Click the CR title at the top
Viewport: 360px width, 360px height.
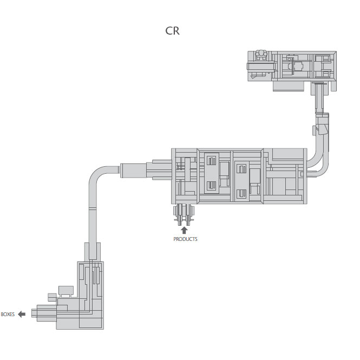click(x=173, y=31)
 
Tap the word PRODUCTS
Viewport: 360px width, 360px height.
click(x=185, y=239)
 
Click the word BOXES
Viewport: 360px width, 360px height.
click(x=8, y=314)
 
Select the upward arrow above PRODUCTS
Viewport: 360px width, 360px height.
click(x=184, y=230)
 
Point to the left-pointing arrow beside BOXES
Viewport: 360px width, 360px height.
click(x=22, y=314)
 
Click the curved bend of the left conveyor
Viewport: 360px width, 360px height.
click(x=97, y=176)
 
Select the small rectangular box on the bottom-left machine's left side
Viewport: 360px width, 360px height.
click(x=66, y=291)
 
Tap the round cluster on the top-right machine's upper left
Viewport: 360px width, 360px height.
click(x=261, y=54)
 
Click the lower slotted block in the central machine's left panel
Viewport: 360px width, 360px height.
click(x=212, y=186)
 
